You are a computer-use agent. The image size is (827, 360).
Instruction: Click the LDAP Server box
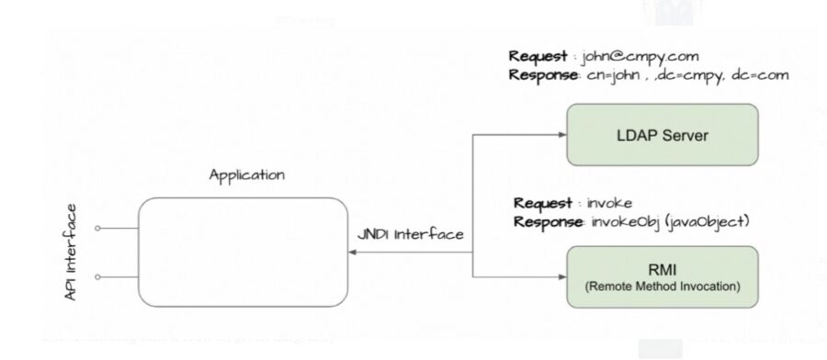click(x=662, y=136)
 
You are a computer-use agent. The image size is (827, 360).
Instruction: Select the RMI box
click(x=662, y=275)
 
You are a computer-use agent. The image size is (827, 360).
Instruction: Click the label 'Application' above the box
click(x=246, y=174)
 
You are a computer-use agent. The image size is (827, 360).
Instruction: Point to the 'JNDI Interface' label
click(x=410, y=235)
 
